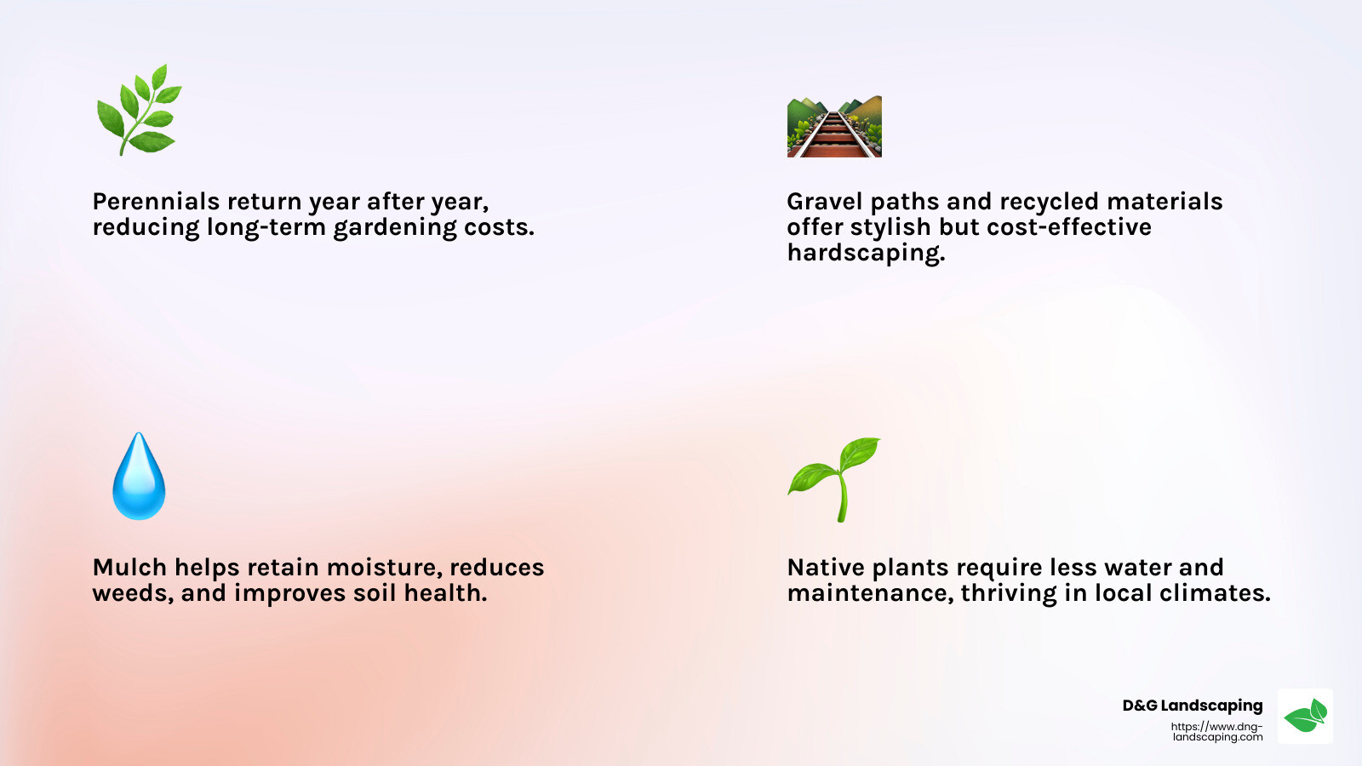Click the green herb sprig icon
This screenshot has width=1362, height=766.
(139, 111)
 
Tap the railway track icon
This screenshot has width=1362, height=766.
(834, 127)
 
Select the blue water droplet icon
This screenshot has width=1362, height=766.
(139, 477)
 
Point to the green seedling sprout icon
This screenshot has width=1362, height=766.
(835, 479)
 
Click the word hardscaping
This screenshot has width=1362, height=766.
(865, 253)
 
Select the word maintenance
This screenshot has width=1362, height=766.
(869, 593)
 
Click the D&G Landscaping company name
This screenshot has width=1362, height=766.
(1192, 706)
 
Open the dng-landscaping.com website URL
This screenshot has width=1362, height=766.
(1216, 732)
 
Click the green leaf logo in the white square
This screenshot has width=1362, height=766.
(1305, 716)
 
